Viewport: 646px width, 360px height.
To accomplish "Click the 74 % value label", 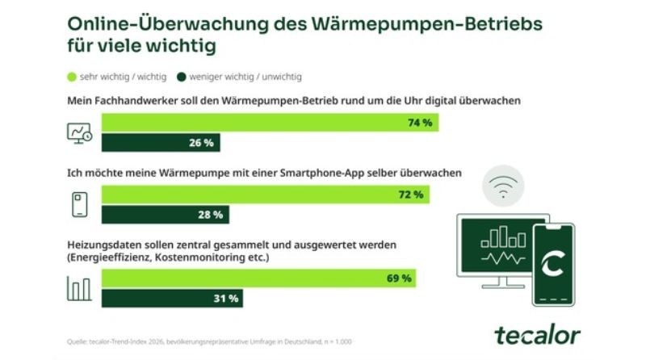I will pyautogui.click(x=421, y=123).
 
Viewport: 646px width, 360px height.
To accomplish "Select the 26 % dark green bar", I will pyautogui.click(x=161, y=143).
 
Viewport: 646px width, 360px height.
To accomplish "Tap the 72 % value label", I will pyautogui.click(x=411, y=195).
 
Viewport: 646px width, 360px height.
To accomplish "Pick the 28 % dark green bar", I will pyautogui.click(x=166, y=215).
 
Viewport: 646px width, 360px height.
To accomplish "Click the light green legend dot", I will pyautogui.click(x=71, y=77).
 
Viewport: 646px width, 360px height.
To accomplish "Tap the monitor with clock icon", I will pyautogui.click(x=79, y=133).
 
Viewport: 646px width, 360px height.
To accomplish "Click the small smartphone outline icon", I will pyautogui.click(x=78, y=205).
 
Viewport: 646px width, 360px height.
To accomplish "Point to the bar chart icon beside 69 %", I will pyautogui.click(x=78, y=288).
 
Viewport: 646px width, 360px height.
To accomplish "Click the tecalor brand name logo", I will pyautogui.click(x=536, y=333).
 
